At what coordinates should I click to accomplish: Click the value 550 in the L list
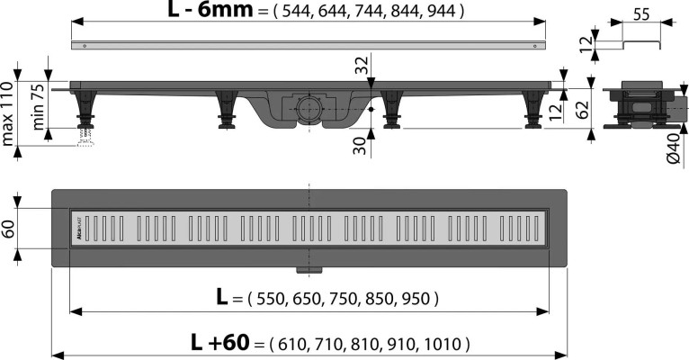[x=274, y=297]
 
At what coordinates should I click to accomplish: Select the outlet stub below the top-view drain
[x=309, y=268]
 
